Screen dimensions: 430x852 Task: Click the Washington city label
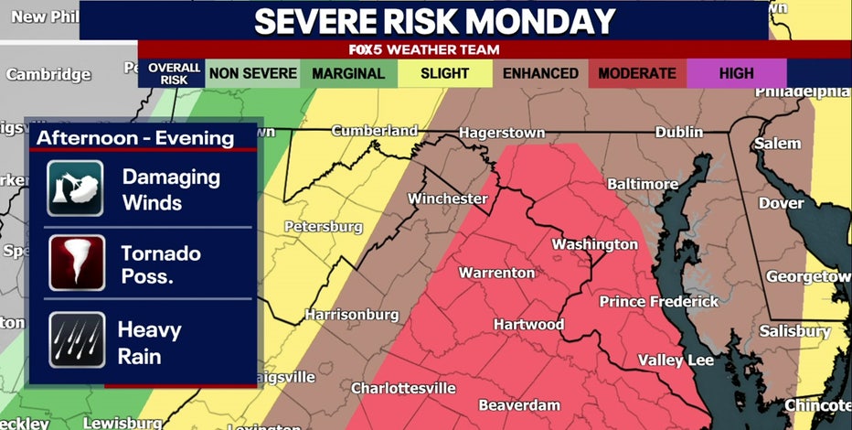point(594,244)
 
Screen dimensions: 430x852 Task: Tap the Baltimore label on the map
point(643,184)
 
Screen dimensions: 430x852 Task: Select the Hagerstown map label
point(501,133)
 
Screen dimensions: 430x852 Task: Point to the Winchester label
point(447,199)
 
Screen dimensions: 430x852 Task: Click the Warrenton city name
point(496,273)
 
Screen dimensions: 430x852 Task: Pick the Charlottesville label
point(403,388)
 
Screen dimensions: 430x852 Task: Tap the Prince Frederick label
point(658,301)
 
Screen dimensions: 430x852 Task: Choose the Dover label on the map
point(782,202)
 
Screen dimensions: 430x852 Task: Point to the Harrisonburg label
point(352,315)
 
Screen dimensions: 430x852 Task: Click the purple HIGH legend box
point(736,73)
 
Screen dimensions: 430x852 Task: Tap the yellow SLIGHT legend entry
point(445,73)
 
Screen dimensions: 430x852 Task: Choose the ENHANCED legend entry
point(541,73)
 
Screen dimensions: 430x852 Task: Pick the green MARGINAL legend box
point(348,73)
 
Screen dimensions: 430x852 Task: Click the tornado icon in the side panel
point(75,263)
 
